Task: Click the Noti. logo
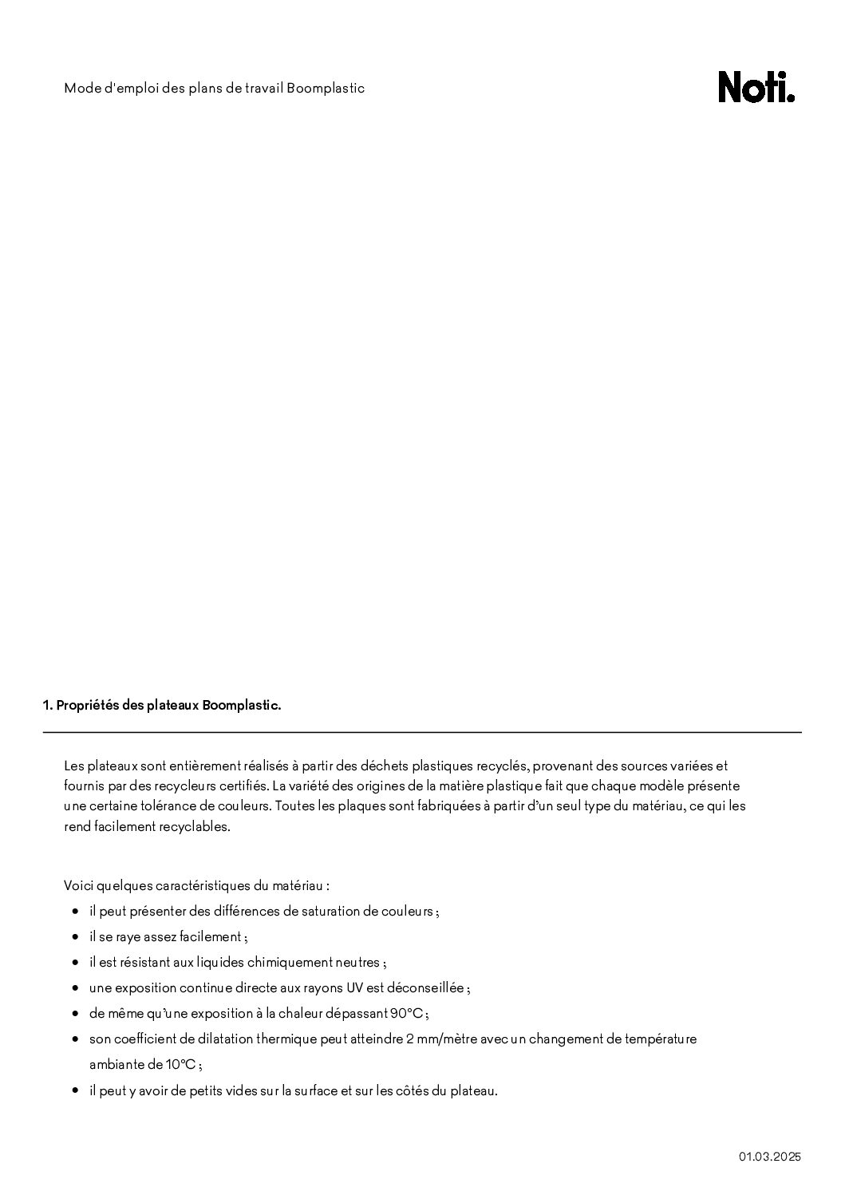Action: [756, 87]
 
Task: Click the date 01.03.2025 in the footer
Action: [769, 1156]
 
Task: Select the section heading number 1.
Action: [47, 706]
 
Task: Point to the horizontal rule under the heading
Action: [422, 732]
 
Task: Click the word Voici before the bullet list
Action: [78, 885]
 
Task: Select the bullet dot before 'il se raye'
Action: [74, 936]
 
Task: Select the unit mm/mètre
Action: [451, 1039]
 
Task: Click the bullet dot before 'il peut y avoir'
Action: [74, 1090]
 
